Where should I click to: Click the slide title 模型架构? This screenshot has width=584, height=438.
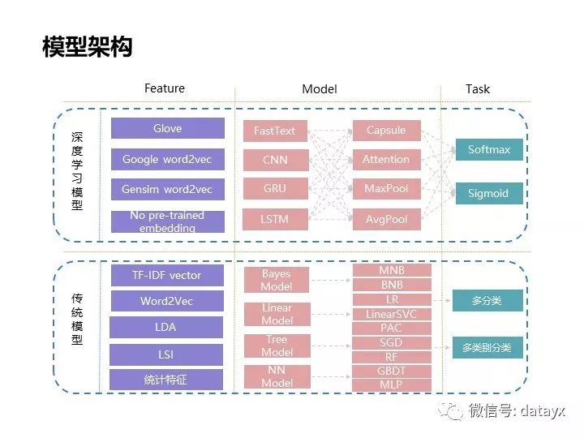coord(87,48)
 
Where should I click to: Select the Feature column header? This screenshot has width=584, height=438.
coord(165,88)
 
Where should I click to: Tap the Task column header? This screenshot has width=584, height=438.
coord(477,88)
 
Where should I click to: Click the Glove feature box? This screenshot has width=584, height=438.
coord(167,129)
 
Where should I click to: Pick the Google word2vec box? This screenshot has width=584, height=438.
coord(167,159)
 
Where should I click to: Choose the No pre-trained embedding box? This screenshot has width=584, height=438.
coord(167,221)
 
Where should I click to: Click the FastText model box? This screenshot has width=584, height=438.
coord(275,131)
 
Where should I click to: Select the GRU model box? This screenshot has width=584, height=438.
coord(275,189)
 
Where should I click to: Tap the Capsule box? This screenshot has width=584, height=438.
coord(386,131)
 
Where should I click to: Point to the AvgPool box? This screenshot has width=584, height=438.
coord(386,218)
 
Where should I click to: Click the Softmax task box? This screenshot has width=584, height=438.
coord(488,150)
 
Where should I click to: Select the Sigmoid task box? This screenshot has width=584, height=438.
coord(488,193)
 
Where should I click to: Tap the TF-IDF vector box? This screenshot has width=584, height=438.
coord(166,275)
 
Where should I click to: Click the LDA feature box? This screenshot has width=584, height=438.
coord(166,328)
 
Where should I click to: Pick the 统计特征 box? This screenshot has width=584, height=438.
coord(166,380)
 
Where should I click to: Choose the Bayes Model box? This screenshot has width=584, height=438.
coord(277,280)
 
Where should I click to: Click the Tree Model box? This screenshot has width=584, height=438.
coord(277,346)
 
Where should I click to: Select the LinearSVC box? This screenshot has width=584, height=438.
coord(392,314)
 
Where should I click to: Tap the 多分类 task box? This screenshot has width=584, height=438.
coord(487,301)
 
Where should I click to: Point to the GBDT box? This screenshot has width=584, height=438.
coord(392,371)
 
